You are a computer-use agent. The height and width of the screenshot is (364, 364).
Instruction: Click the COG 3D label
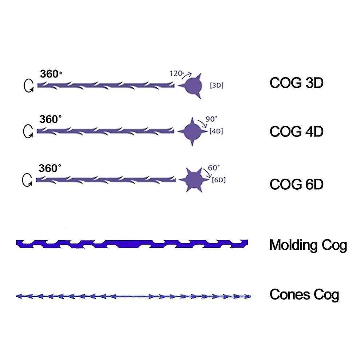tap(296, 83)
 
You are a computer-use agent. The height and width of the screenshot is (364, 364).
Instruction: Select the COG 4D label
tap(296, 131)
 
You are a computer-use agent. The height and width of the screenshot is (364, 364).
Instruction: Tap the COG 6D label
tap(296, 185)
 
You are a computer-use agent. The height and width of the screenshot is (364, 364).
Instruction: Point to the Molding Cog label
tap(308, 245)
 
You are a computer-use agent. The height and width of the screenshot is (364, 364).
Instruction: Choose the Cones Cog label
tap(304, 294)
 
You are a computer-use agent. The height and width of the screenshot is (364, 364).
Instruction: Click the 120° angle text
tap(177, 73)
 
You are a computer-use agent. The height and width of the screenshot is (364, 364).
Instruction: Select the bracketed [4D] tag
tap(216, 131)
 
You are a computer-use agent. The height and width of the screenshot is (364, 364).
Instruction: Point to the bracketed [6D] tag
tap(218, 180)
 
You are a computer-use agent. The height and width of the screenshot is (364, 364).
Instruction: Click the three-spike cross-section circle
tap(193, 86)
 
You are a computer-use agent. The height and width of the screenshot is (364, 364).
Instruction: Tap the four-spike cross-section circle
tap(192, 131)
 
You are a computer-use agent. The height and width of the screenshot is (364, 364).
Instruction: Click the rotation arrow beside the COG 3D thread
tap(28, 86)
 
